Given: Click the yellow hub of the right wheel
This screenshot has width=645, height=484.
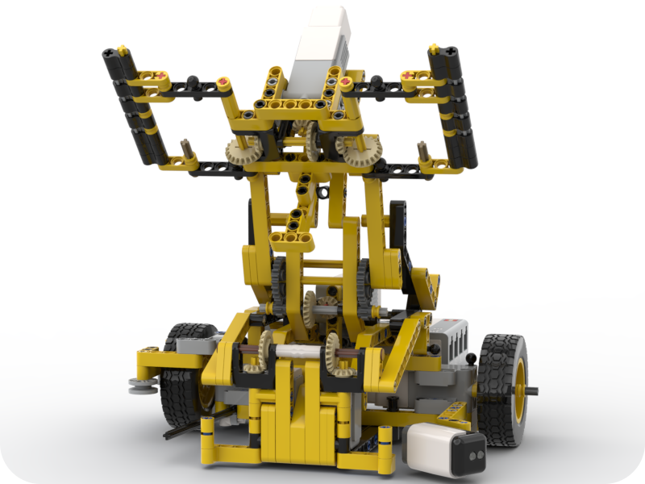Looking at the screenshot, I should [519, 391].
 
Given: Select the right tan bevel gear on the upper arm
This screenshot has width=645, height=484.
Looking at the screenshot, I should [358, 150].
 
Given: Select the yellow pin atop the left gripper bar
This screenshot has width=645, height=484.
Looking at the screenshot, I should [122, 50].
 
